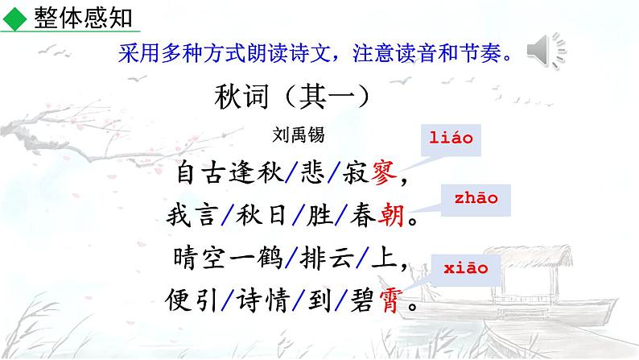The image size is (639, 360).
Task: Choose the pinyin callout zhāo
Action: (x=476, y=198)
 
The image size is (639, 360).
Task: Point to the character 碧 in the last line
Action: (x=357, y=304)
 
